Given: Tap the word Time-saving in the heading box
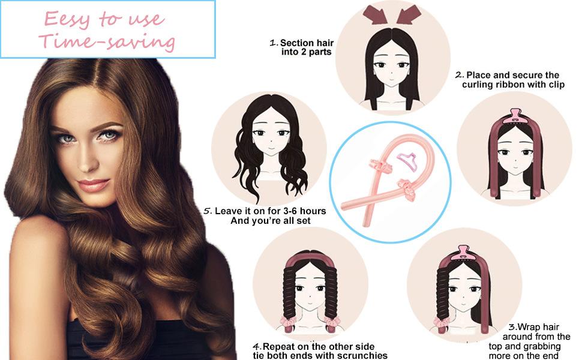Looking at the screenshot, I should tap(107, 41).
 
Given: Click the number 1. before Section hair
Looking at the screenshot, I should tap(274, 43).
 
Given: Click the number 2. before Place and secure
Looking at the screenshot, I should tap(460, 75).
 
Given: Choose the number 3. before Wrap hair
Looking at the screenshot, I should tap(512, 327).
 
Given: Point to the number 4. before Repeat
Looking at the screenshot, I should tap(256, 347).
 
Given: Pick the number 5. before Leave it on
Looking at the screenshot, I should tap(208, 211).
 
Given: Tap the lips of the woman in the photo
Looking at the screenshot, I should tap(93, 184).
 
